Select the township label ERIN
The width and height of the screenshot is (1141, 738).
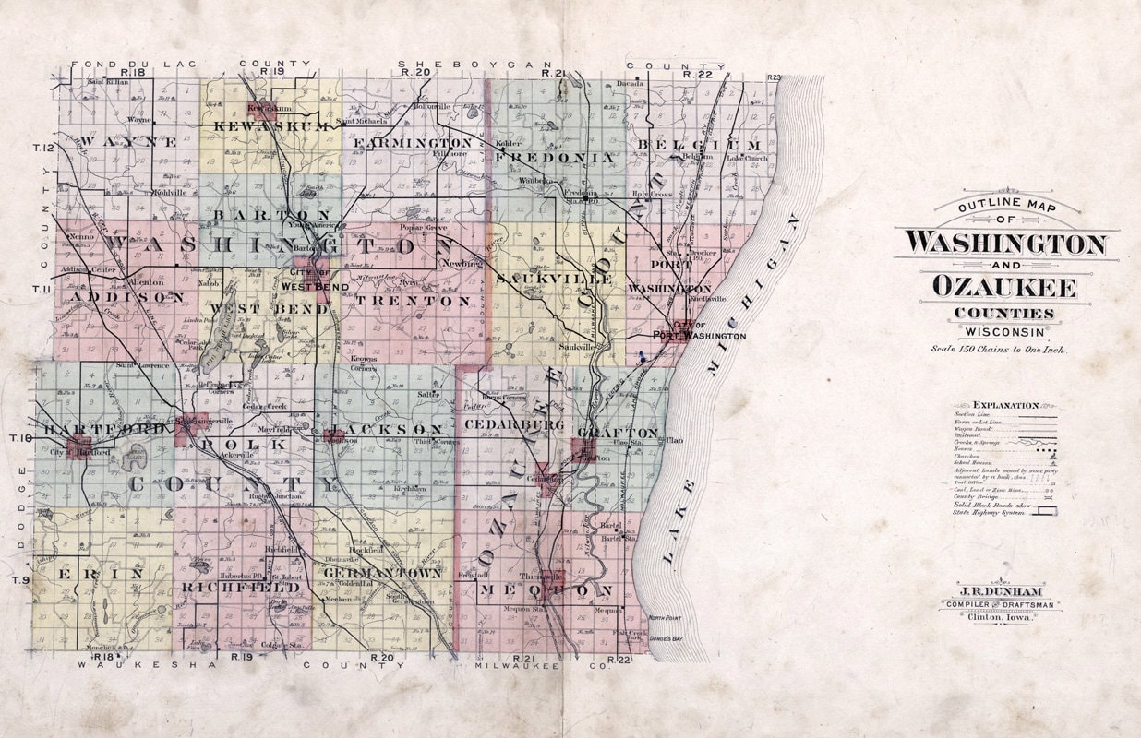[x=101, y=574]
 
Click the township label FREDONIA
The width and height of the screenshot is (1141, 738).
[x=554, y=158]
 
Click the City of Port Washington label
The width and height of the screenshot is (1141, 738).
[x=708, y=332]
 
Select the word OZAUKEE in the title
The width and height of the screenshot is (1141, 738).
[x=1004, y=287]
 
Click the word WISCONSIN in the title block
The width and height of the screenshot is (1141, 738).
[x=1005, y=332]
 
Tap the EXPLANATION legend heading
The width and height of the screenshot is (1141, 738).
[x=1005, y=404]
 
